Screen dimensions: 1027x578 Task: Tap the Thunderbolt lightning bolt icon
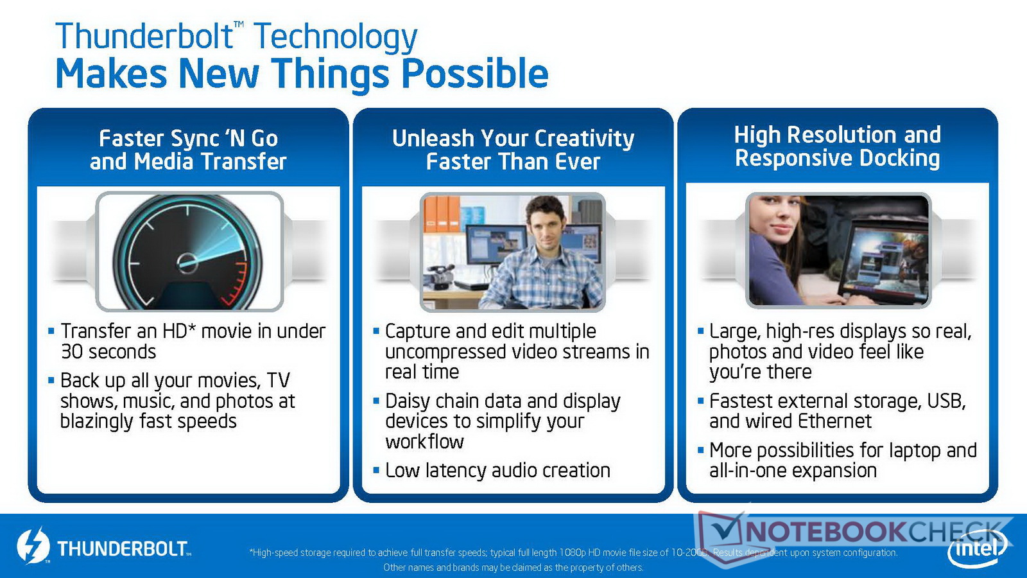tap(33, 546)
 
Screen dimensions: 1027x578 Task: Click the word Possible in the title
tap(474, 73)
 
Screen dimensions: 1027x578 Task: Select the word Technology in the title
tap(335, 37)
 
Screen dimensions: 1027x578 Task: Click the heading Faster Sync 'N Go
tap(189, 139)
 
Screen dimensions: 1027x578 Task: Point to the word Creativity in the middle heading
tap(584, 139)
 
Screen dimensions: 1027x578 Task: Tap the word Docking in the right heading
tap(899, 159)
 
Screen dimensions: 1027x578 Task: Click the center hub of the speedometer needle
tap(187, 263)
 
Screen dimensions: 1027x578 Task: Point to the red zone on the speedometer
tap(236, 285)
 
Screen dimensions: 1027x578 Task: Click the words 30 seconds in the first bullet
tap(108, 352)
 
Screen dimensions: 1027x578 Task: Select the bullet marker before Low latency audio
tap(376, 469)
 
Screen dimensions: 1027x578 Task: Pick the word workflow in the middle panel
tap(424, 441)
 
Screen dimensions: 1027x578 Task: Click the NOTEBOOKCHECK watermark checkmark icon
tap(726, 534)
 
